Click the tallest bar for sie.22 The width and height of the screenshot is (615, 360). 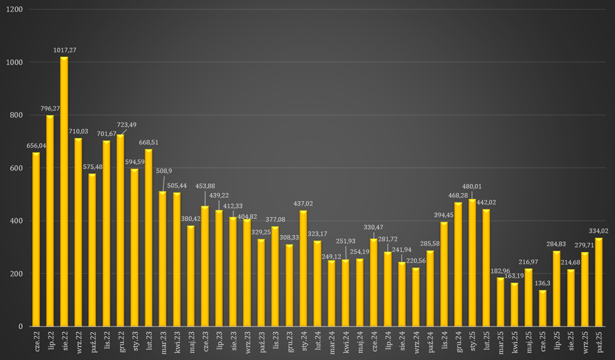coord(64,191)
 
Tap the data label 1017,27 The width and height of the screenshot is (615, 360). coord(64,50)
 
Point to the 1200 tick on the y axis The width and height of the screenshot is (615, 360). coord(13,10)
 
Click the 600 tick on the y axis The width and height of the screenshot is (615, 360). coord(15,168)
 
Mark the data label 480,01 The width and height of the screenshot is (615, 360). coord(472,186)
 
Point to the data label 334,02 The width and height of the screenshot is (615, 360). coord(598,231)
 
